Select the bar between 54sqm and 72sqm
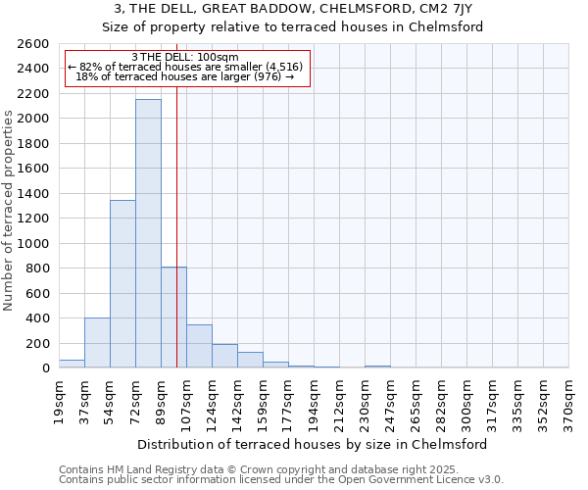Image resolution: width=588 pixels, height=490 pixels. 122,284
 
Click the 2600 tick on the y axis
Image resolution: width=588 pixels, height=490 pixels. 35,44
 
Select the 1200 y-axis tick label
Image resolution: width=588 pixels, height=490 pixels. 35,219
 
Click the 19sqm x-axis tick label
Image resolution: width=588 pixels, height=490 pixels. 59,398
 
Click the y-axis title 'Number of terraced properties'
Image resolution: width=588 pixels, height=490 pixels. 10,211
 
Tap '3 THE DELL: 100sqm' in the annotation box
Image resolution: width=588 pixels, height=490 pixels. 185,57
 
